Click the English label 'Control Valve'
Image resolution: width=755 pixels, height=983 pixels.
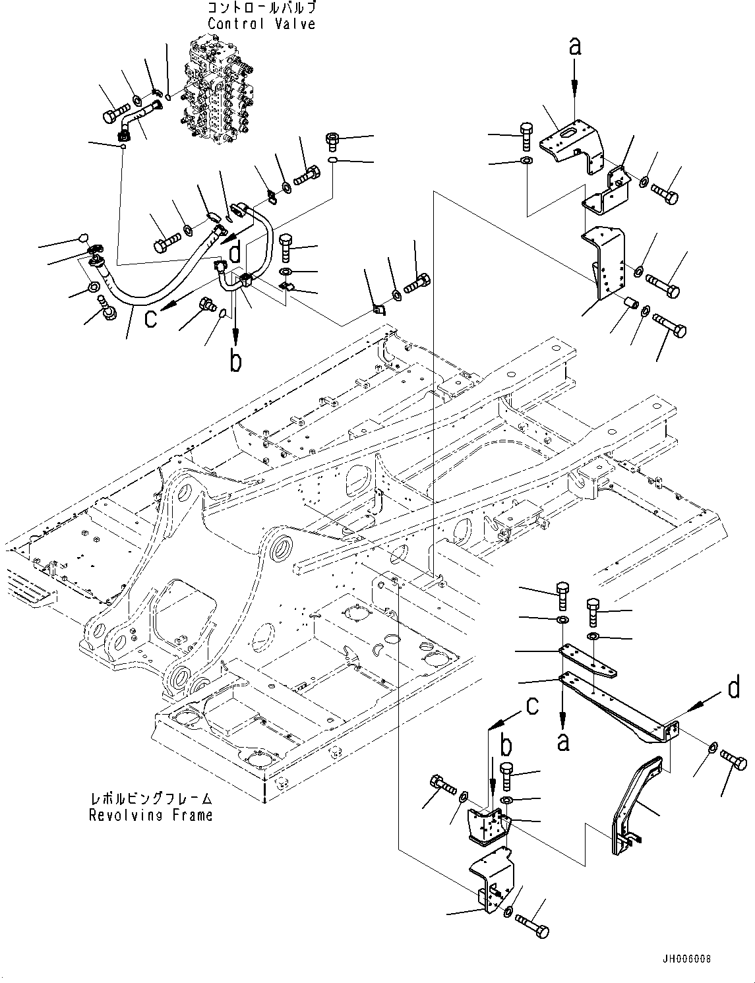262,24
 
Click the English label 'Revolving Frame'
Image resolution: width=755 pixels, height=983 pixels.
151,815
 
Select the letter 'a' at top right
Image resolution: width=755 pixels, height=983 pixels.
575,46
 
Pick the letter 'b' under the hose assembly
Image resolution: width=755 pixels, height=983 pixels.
235,361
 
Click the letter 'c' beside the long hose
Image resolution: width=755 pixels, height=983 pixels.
151,318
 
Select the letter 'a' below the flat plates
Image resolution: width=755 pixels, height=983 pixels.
562,742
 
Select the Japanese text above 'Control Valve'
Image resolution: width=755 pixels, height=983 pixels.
262,9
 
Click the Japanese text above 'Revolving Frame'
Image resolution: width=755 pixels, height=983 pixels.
152,799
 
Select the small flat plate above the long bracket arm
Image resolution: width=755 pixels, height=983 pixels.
589,661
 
